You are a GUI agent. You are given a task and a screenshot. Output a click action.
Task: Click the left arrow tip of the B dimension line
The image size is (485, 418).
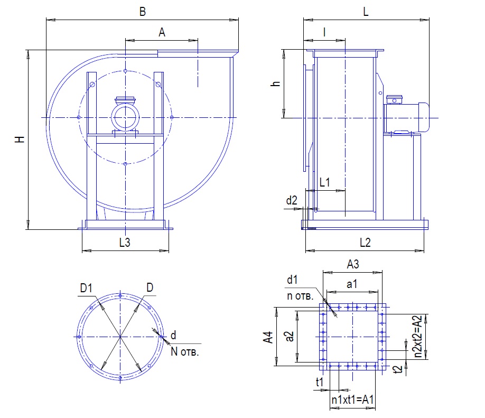(46, 20)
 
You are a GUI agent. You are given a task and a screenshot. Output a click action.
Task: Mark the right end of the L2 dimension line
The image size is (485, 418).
(424, 250)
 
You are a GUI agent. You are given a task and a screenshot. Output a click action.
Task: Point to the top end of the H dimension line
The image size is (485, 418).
(28, 50)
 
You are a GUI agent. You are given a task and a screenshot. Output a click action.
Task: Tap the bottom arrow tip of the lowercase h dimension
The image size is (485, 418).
(284, 118)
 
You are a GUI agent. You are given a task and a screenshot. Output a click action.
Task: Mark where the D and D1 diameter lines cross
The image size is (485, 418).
(120, 336)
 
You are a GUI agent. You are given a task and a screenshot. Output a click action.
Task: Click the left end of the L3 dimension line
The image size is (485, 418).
(82, 250)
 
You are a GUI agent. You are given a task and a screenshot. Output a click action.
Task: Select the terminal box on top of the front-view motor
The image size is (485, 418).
(125, 100)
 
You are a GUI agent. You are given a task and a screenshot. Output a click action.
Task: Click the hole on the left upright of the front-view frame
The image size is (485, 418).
(92, 85)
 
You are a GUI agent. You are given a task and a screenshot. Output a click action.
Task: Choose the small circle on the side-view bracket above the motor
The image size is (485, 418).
(380, 93)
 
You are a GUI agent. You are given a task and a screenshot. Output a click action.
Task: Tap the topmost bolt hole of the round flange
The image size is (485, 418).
(120, 296)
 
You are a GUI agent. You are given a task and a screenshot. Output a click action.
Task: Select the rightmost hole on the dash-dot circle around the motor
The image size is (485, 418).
(172, 117)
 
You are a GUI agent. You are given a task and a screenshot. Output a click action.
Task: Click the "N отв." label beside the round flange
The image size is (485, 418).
(185, 352)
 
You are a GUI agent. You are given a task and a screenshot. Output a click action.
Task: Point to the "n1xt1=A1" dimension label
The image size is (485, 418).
(352, 400)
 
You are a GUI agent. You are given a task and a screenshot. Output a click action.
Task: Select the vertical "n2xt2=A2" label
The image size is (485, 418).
(418, 337)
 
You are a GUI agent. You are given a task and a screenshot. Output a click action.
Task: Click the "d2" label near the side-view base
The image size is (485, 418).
(292, 200)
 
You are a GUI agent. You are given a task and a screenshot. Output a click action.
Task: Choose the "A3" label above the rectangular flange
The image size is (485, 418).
(352, 264)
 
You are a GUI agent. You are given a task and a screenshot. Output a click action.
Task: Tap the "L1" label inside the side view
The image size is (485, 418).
(325, 182)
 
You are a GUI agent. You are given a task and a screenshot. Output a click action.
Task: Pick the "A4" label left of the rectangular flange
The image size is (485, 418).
(268, 337)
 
